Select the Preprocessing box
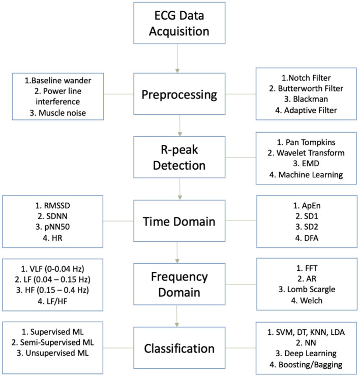coord(179,95)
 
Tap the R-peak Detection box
coord(179,158)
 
